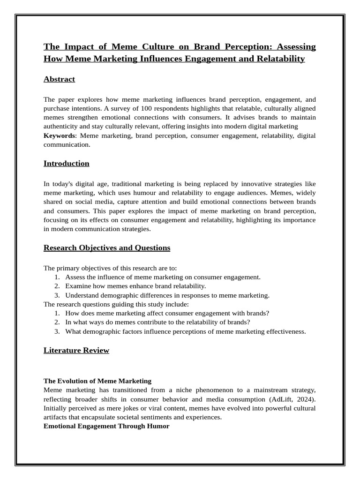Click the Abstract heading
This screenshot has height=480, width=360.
coord(59,79)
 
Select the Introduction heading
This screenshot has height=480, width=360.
coord(66,164)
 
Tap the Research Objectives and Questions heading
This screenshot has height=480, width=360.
coord(107,247)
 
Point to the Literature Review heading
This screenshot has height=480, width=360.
coord(76,350)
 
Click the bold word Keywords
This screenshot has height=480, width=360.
coord(59,135)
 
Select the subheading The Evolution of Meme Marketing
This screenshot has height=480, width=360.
coord(97,381)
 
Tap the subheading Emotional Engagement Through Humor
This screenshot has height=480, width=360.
coord(106,426)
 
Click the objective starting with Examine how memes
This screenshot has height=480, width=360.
coord(135,286)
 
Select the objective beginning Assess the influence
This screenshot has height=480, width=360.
coord(163,277)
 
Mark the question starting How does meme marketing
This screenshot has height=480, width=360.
coord(167,313)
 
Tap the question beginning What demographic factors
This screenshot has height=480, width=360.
coord(185,331)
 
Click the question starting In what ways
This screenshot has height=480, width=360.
coord(157,322)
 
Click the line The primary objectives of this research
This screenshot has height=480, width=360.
coord(110,268)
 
